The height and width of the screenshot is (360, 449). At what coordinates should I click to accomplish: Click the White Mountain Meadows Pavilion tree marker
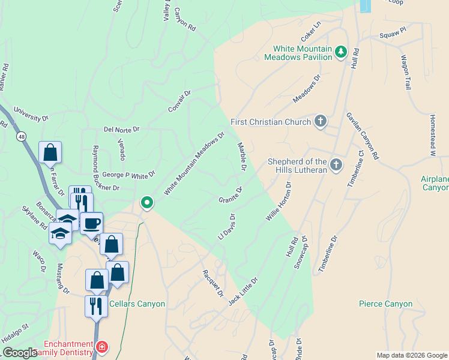341,52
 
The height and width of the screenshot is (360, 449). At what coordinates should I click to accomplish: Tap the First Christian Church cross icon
321,122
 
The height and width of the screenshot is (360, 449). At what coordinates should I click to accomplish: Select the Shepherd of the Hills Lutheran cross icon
336,164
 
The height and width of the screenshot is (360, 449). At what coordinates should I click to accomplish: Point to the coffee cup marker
91,224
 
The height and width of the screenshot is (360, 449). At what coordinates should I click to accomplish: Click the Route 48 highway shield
22,136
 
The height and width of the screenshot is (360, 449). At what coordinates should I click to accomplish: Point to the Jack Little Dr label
243,291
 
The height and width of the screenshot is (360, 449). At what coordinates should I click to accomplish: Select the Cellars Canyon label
137,304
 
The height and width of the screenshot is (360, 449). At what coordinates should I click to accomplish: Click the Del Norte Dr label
121,129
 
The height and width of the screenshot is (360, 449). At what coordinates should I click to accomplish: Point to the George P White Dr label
128,174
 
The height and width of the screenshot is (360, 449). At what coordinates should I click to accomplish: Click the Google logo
20,353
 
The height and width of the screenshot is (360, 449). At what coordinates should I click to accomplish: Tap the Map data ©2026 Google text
411,355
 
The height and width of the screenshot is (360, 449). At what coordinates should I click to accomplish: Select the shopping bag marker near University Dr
50,152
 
